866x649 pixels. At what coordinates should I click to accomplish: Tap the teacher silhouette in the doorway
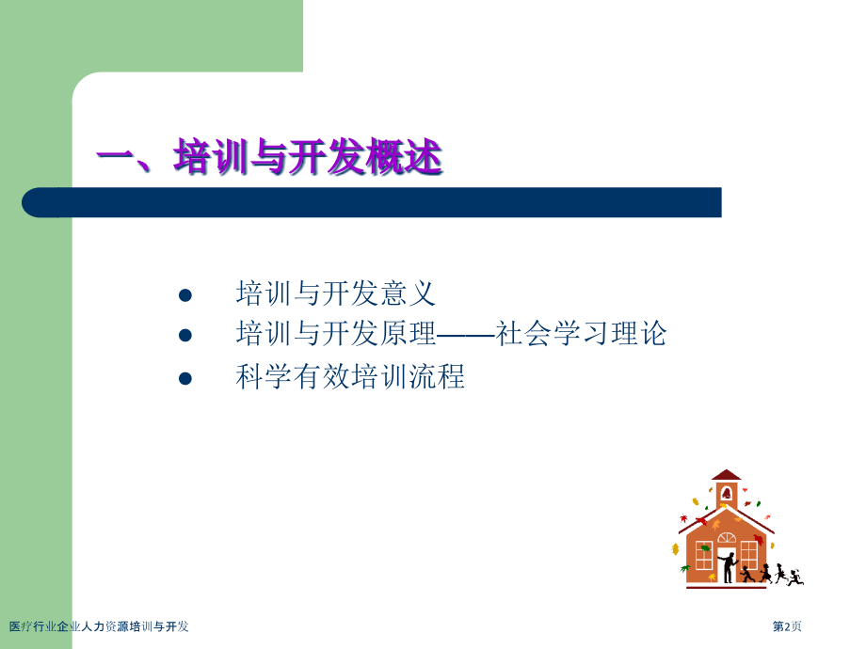(x=729, y=567)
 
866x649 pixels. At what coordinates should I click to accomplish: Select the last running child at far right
(x=795, y=578)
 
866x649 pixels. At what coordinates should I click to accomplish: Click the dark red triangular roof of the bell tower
(x=727, y=475)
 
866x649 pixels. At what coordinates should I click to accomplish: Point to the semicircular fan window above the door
(x=727, y=537)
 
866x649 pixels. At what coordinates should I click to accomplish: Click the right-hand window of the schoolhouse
(x=748, y=555)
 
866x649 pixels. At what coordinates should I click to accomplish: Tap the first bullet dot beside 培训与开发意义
(x=185, y=295)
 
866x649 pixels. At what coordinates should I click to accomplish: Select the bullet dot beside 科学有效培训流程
(x=185, y=378)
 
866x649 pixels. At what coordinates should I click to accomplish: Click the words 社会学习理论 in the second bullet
(x=581, y=333)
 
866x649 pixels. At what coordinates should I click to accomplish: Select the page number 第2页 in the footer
(x=787, y=626)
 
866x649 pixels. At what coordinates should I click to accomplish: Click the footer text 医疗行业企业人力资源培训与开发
(x=99, y=626)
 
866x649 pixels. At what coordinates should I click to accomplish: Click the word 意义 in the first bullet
(x=408, y=293)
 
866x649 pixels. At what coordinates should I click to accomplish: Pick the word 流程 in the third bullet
(x=436, y=376)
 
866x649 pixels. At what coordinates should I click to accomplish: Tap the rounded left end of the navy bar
(x=33, y=202)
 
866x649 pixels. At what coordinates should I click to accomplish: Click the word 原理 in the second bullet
(x=408, y=333)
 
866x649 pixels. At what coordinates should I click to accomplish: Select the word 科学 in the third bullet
(x=264, y=376)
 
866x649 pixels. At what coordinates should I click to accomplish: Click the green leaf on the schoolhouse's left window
(x=704, y=548)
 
